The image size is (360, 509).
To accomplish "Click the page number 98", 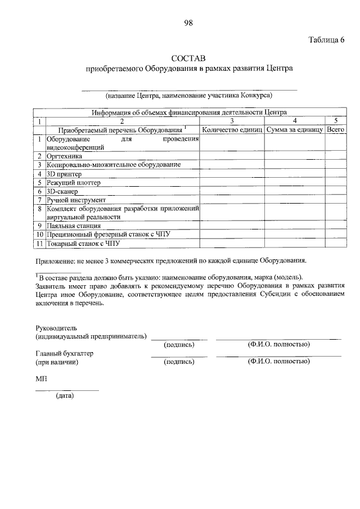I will (x=188, y=22).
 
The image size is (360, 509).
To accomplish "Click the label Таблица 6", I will (x=326, y=39).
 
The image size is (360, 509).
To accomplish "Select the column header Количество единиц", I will (x=232, y=130).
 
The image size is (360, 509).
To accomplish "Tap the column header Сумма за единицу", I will (x=294, y=130).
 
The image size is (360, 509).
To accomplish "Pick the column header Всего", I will (x=335, y=130).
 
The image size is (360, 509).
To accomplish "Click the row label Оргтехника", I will (x=65, y=156).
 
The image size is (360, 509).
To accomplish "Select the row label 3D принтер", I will (x=65, y=174).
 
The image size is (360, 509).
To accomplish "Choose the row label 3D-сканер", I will (x=62, y=191).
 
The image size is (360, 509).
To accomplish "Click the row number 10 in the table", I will (x=40, y=235).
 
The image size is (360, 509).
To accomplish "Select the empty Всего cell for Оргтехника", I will (x=335, y=156).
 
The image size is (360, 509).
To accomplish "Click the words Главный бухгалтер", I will (x=64, y=354).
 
